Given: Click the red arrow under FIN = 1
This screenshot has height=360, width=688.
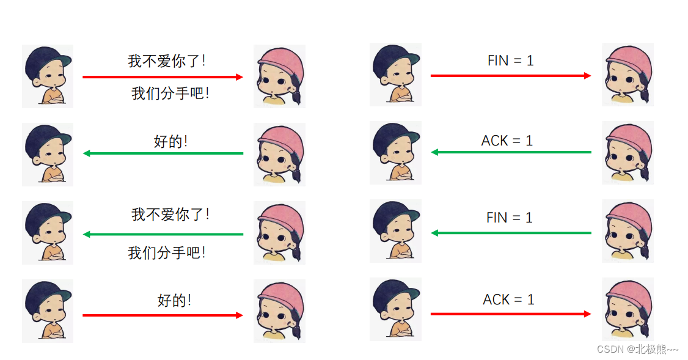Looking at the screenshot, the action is [x=511, y=76].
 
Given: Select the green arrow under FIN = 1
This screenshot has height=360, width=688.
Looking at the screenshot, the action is [x=511, y=233].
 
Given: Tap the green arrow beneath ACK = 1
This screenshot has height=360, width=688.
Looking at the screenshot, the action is [x=511, y=152].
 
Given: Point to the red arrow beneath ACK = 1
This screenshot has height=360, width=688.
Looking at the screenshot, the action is [x=511, y=314].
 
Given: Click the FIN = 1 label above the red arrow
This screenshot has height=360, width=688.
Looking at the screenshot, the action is [x=510, y=61].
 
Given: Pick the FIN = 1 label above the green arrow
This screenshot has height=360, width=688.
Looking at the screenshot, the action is [x=509, y=217].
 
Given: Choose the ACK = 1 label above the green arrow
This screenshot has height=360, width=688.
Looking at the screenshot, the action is [x=507, y=141].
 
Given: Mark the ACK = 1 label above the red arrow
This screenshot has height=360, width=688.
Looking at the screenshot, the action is [x=508, y=299].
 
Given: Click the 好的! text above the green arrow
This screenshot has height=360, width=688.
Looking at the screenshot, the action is [x=170, y=142].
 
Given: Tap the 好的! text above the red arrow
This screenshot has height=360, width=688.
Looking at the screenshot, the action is [x=174, y=301].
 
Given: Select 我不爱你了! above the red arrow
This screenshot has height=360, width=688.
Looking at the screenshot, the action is [x=167, y=61].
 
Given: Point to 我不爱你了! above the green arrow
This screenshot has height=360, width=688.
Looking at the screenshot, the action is [x=170, y=215].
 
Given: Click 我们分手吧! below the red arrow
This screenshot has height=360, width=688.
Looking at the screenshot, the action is [x=170, y=94].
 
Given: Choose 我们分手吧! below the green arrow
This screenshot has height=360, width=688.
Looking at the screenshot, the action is [x=167, y=252].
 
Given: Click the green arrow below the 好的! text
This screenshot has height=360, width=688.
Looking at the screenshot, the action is [x=163, y=153].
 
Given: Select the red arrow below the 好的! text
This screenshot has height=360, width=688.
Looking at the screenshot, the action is [x=163, y=315].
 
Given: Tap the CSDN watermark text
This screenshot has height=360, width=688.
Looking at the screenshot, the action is [x=637, y=349].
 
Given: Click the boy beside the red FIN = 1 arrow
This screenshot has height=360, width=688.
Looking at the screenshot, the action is [x=395, y=74].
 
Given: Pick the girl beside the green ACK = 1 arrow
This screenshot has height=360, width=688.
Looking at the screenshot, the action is [x=628, y=152].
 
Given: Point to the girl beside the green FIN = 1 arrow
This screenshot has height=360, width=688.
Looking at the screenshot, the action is [x=628, y=230].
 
